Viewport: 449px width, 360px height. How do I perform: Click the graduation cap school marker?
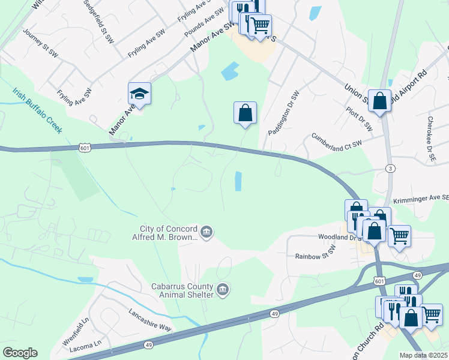(x=139, y=94)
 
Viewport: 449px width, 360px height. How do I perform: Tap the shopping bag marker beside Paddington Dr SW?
(x=245, y=113)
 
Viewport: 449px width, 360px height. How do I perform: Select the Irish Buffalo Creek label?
(x=37, y=110)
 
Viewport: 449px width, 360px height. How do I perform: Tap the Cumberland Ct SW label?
(x=337, y=141)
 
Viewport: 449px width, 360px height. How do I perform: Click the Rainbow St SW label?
(x=315, y=256)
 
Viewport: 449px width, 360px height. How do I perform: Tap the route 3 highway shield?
(x=391, y=169)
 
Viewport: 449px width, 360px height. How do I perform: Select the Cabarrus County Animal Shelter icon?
(x=223, y=290)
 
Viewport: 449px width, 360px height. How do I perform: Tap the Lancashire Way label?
(x=150, y=320)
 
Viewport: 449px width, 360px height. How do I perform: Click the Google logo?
(x=20, y=353)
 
